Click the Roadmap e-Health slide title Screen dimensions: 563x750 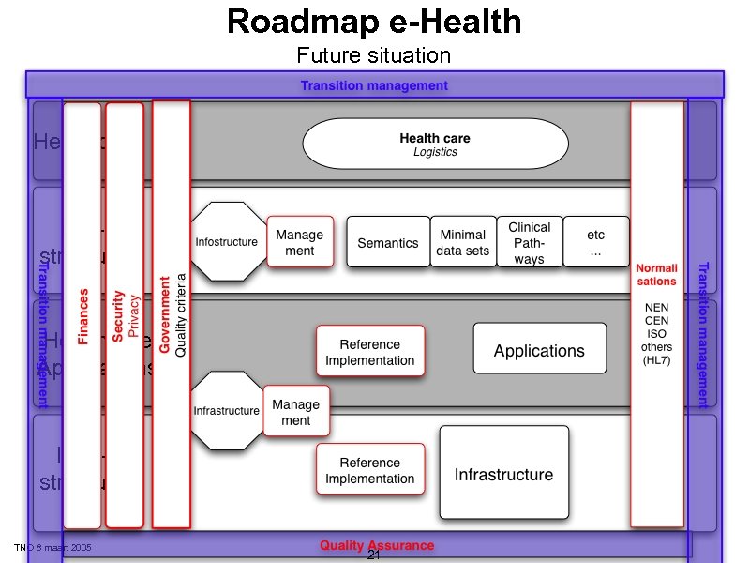[374, 22]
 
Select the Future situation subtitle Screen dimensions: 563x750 [374, 55]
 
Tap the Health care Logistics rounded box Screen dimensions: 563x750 [435, 145]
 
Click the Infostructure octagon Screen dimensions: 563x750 [226, 242]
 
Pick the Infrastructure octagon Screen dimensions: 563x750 [226, 411]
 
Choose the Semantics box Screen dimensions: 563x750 [388, 243]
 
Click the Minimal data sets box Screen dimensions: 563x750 [462, 242]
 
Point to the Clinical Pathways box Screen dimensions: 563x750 [530, 242]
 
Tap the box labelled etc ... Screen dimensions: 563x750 [595, 242]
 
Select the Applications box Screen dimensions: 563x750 [539, 351]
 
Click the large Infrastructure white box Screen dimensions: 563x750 [504, 474]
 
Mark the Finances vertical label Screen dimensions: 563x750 [82, 316]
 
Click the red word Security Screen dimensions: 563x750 [119, 315]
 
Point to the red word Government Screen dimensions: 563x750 [165, 314]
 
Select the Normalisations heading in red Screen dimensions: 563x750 [656, 275]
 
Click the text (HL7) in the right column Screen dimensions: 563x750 [657, 360]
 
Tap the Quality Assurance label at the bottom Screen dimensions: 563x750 [377, 545]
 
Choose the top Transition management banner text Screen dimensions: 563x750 [374, 85]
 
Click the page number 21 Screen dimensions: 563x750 [373, 556]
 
